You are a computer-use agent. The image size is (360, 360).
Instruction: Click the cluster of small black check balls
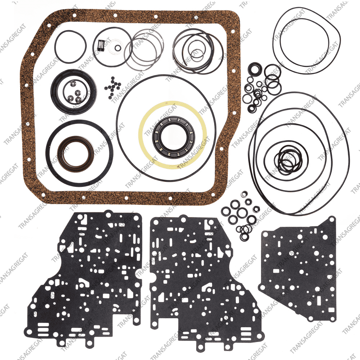click(113, 87)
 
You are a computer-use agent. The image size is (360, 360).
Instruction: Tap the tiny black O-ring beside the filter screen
click(118, 48)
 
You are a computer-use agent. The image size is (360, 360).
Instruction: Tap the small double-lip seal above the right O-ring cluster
click(255, 69)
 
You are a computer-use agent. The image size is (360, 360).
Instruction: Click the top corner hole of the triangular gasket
click(332, 220)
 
